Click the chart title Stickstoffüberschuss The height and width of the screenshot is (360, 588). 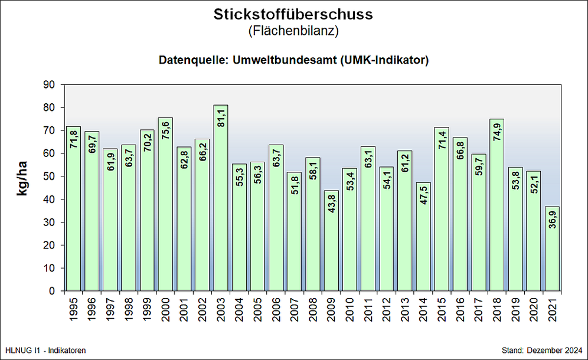(293, 14)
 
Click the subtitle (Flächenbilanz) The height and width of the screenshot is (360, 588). (293, 31)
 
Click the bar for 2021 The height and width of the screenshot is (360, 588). (552, 251)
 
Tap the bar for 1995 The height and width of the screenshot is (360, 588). (73, 210)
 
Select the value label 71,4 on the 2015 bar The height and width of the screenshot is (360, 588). (442, 144)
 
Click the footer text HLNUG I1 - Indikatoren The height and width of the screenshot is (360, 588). (45, 351)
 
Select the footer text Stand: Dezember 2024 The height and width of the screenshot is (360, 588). (541, 351)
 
